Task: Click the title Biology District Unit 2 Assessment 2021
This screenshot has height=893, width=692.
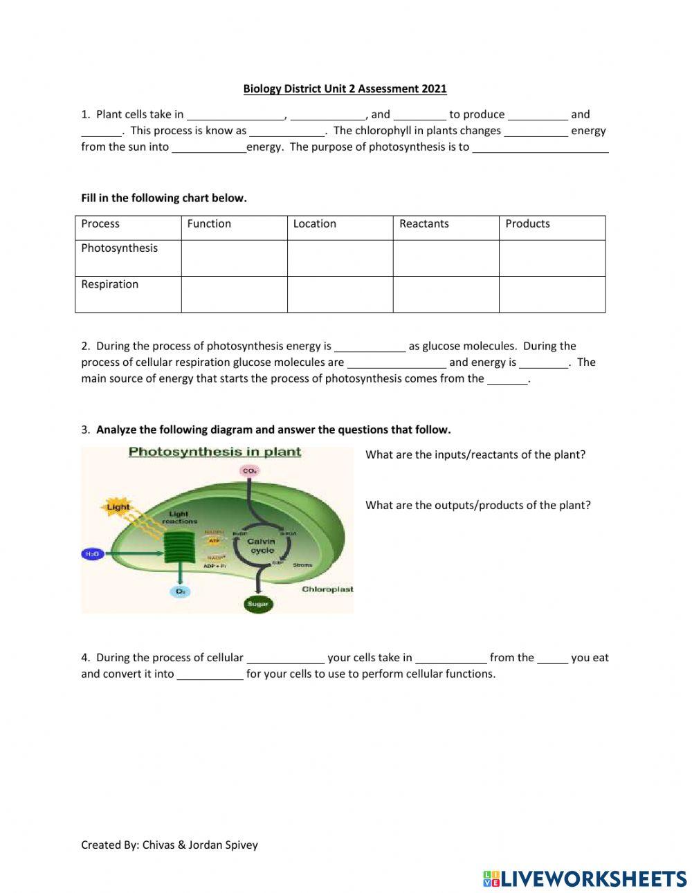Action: click(x=345, y=89)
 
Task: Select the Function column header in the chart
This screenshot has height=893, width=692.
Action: click(x=209, y=223)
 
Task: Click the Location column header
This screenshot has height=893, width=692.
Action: click(x=314, y=223)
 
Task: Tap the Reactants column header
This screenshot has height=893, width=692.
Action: click(x=424, y=223)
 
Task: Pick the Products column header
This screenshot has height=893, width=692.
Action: click(x=527, y=223)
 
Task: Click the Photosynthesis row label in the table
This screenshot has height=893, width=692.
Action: click(x=119, y=248)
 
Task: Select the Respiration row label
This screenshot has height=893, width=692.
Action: click(x=109, y=284)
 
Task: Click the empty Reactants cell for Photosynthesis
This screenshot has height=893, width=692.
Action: click(x=446, y=258)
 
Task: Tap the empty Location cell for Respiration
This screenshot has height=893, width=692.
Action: click(x=340, y=294)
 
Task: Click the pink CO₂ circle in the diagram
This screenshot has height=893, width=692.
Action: click(x=249, y=471)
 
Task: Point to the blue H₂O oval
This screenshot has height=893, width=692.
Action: click(x=92, y=554)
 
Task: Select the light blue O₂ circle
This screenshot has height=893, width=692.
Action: click(x=180, y=591)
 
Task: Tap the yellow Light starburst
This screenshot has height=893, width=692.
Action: click(x=118, y=507)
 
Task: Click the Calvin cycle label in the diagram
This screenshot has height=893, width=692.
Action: click(x=262, y=546)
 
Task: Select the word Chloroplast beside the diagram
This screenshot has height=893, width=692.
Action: click(x=327, y=589)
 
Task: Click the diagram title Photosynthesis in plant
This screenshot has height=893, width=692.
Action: click(x=215, y=452)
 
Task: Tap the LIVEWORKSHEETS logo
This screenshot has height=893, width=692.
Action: click(x=585, y=878)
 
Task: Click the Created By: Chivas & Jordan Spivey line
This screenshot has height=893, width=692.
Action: click(x=169, y=845)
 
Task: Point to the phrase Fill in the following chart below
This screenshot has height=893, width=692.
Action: click(x=163, y=198)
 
